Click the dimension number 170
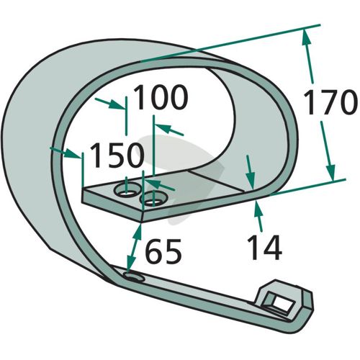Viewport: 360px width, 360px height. (329, 103)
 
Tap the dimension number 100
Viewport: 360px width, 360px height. (161, 98)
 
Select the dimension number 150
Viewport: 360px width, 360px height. (117, 155)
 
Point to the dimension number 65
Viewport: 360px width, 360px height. (163, 251)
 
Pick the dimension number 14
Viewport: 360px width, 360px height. (265, 248)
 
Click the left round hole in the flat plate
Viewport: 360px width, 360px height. (127, 190)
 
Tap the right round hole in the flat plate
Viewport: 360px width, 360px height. (153, 199)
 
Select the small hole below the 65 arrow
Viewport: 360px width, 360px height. (134, 277)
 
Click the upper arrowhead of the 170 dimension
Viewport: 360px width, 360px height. (306, 37)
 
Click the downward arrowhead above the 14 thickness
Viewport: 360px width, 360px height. (250, 181)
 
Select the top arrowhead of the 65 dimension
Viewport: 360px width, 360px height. (138, 230)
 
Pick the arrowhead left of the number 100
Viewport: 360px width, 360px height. (117, 105)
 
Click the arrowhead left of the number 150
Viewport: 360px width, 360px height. (73, 153)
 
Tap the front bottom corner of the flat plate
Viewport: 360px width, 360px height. (142, 222)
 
